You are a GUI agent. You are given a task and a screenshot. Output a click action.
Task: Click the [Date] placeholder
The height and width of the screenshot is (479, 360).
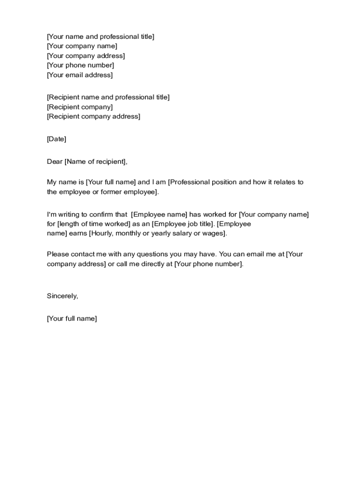[x=57, y=139]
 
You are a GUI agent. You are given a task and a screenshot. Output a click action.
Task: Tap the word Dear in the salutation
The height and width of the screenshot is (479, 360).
[x=55, y=162]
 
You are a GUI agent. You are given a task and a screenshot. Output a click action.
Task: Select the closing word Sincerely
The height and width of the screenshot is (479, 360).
[x=62, y=296]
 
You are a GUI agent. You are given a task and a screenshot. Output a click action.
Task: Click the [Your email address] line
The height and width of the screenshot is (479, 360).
[x=79, y=75]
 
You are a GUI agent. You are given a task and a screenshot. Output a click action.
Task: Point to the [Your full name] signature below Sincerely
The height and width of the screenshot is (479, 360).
[x=72, y=319]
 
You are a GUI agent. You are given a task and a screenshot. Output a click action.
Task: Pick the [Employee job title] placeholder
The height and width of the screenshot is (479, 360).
[x=183, y=224]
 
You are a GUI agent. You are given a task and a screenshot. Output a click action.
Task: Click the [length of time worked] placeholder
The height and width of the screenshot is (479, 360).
[x=94, y=224]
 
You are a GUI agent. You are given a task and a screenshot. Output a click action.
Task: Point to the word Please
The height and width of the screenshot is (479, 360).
[x=58, y=254]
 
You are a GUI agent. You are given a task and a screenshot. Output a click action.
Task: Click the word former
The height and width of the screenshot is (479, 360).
[x=112, y=192]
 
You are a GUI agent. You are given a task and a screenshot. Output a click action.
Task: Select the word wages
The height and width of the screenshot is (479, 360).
[x=214, y=233]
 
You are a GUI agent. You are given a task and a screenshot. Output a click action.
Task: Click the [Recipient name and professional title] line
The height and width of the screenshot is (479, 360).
[x=108, y=97]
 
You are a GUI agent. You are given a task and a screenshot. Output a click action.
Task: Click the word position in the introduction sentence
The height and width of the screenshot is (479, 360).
[x=224, y=182]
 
